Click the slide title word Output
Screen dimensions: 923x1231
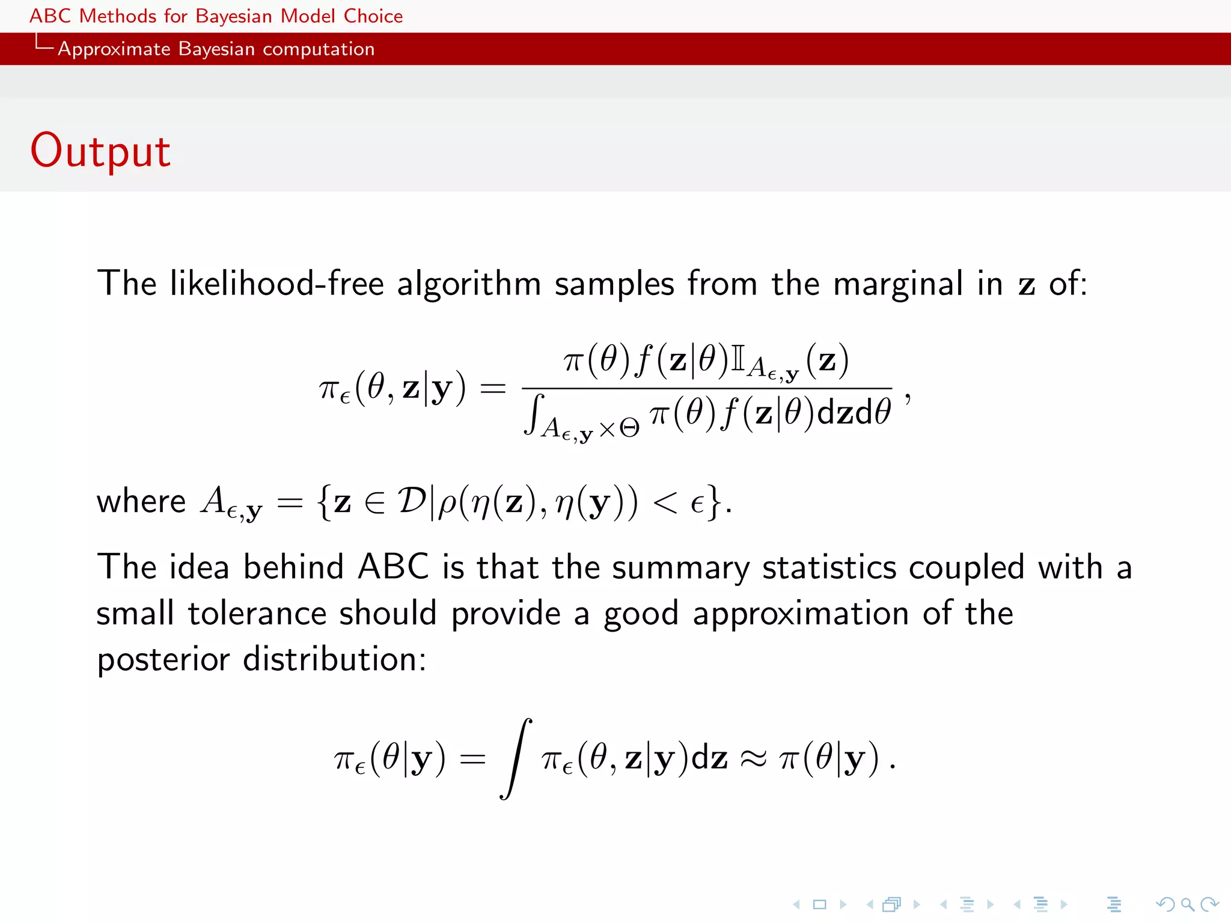pos(100,150)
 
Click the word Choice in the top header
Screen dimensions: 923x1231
pos(373,16)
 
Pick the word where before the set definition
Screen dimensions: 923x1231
pos(141,501)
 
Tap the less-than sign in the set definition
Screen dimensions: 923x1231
pos(665,502)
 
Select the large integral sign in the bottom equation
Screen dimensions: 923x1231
pos(516,758)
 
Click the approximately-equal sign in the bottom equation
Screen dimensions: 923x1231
pos(753,759)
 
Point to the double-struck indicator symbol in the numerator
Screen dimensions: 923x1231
pos(738,359)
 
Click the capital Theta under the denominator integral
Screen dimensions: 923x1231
pos(629,428)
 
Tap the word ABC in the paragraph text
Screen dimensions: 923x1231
pos(393,567)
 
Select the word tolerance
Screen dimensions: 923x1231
pos(257,614)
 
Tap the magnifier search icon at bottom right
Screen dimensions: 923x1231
pos(1187,904)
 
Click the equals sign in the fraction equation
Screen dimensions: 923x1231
pos(493,389)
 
